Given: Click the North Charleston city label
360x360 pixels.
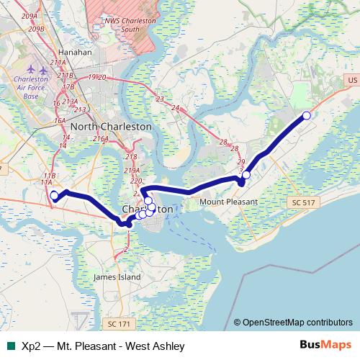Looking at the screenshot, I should (111, 125).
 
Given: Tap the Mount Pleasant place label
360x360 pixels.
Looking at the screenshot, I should (228, 202).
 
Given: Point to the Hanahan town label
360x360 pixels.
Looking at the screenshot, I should (76, 53).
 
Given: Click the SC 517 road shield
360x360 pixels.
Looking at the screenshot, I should (304, 204).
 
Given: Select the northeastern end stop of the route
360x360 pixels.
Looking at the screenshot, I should (306, 116).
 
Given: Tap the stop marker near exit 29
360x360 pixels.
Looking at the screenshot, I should (246, 175).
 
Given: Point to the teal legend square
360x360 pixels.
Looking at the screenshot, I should (9, 346).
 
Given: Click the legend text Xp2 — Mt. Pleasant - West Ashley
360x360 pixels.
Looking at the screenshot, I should (103, 346).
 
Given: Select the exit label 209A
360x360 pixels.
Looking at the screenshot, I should (30, 16).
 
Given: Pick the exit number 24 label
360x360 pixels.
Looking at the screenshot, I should (175, 107).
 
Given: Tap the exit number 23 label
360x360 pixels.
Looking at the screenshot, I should (160, 98).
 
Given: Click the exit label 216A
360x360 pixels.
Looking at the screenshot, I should (100, 138).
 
